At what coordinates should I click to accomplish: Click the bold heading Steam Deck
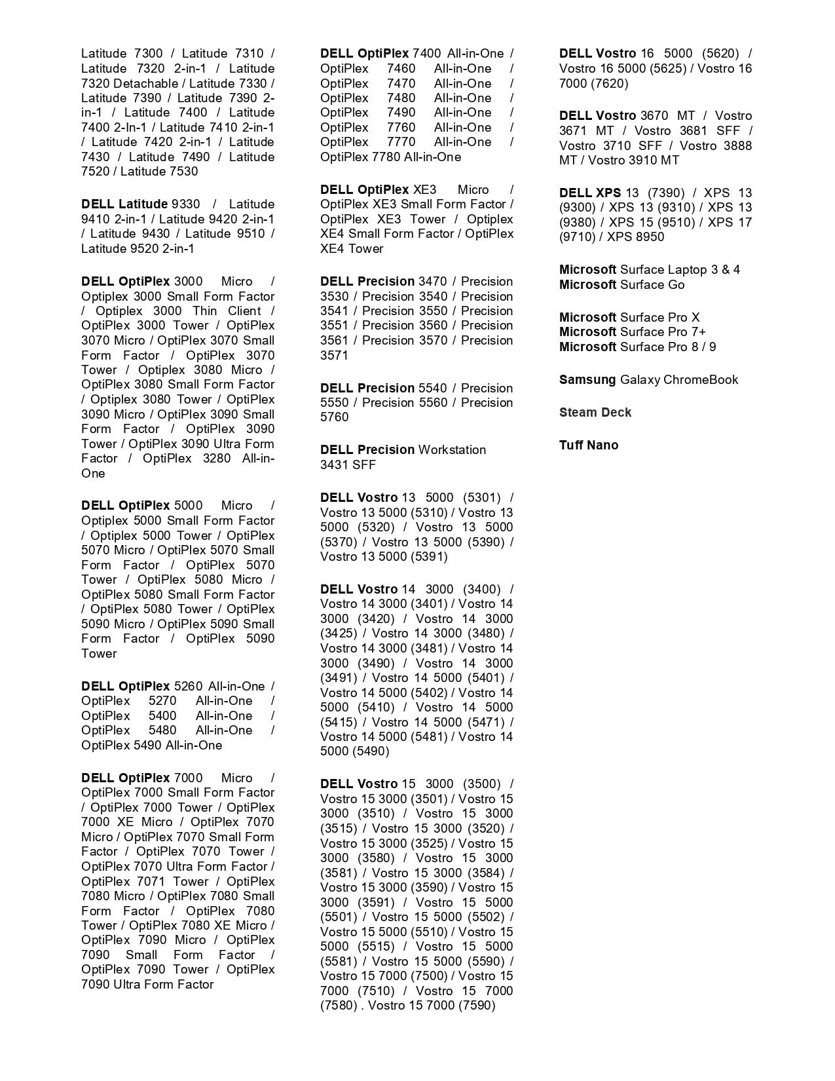point(595,412)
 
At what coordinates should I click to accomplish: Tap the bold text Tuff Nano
point(588,445)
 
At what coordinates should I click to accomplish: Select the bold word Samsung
point(587,379)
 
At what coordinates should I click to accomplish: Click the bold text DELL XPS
point(589,193)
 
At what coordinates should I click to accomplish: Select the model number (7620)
point(608,83)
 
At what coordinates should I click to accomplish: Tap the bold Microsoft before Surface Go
point(587,284)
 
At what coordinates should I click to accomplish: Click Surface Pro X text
point(659,317)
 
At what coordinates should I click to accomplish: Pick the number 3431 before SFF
point(334,465)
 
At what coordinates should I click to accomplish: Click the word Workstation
point(452,449)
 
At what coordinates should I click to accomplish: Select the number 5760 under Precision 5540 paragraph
point(334,417)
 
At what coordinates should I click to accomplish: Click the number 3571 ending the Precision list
point(334,355)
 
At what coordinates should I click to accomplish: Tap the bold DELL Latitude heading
point(124,204)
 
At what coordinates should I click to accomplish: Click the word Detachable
point(145,83)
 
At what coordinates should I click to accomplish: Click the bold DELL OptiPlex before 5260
point(125,686)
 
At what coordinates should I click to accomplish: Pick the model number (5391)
point(428,556)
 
